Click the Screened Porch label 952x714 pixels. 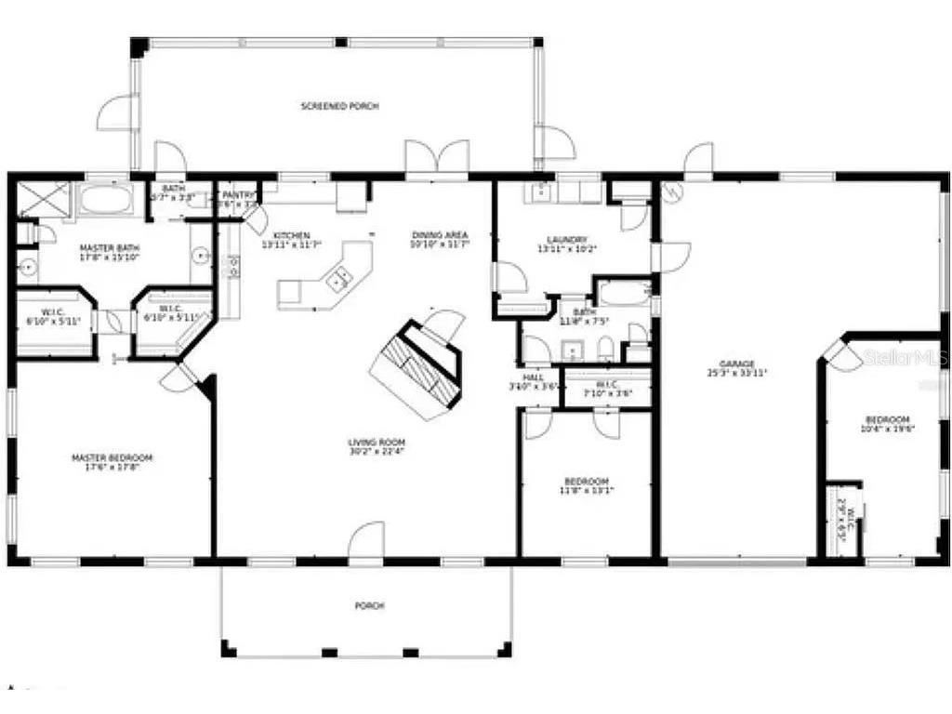click(x=339, y=107)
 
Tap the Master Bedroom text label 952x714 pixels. click(x=112, y=457)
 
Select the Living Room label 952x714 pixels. click(x=376, y=443)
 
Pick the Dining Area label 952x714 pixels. click(x=439, y=234)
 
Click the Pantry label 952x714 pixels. click(x=238, y=195)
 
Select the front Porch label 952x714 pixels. click(x=369, y=605)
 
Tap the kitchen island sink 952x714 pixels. click(x=339, y=274)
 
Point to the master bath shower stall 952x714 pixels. click(x=44, y=199)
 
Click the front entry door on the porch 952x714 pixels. click(x=366, y=543)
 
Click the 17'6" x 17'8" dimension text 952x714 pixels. click(x=112, y=468)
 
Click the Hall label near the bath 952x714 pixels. click(x=533, y=377)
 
